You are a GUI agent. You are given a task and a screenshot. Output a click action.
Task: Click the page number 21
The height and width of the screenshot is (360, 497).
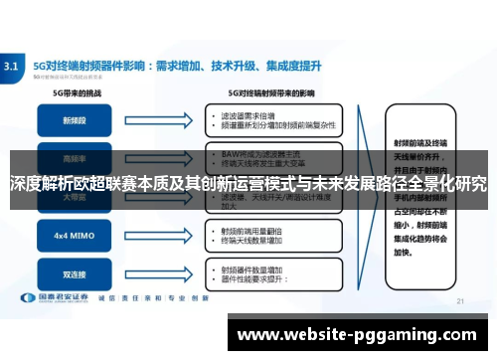459,299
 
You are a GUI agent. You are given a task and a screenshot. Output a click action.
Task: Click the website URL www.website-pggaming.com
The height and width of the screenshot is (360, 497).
358,335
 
